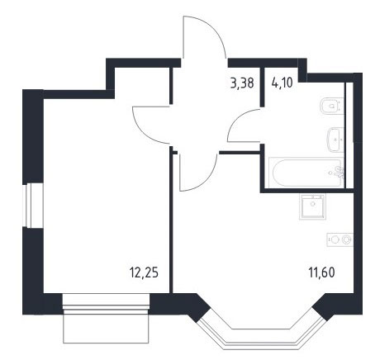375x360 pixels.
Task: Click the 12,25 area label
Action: pos(144,273)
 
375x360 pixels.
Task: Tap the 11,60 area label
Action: pos(321,272)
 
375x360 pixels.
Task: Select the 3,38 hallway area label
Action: pos(242,83)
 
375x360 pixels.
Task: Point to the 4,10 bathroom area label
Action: pos(282,83)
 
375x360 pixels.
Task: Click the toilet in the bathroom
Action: pos(332,106)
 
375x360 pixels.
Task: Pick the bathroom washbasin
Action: pos(335,140)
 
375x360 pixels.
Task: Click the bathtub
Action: pos(306,173)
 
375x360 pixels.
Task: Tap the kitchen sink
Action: pos(312,206)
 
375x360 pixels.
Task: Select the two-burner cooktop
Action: pos(340,239)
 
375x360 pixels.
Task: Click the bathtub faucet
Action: pos(339,172)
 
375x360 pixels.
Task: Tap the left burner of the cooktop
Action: pos(334,239)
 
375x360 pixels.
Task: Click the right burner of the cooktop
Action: pos(346,239)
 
